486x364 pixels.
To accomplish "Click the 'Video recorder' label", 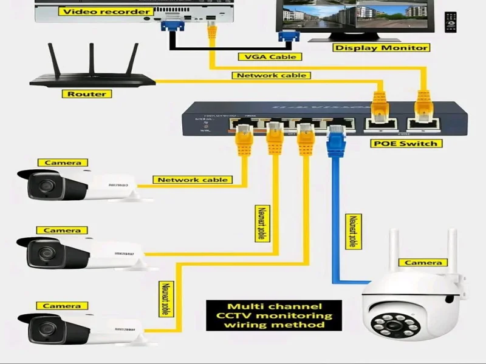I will (x=106, y=12).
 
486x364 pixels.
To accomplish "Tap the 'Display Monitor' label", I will (x=380, y=47).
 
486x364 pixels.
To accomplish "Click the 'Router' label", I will (x=86, y=94).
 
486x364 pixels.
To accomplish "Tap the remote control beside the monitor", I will (x=450, y=22).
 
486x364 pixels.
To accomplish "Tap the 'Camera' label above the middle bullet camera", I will (x=62, y=231).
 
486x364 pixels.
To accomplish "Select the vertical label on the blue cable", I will (x=351, y=231).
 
